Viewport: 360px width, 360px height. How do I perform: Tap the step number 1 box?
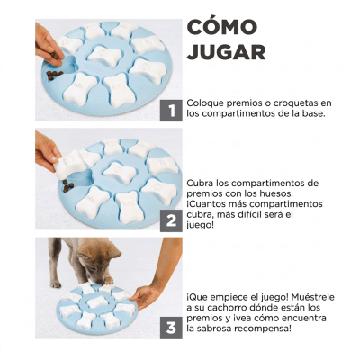point(168,111)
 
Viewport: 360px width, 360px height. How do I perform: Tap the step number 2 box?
point(168,221)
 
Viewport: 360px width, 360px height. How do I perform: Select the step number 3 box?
point(168,328)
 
